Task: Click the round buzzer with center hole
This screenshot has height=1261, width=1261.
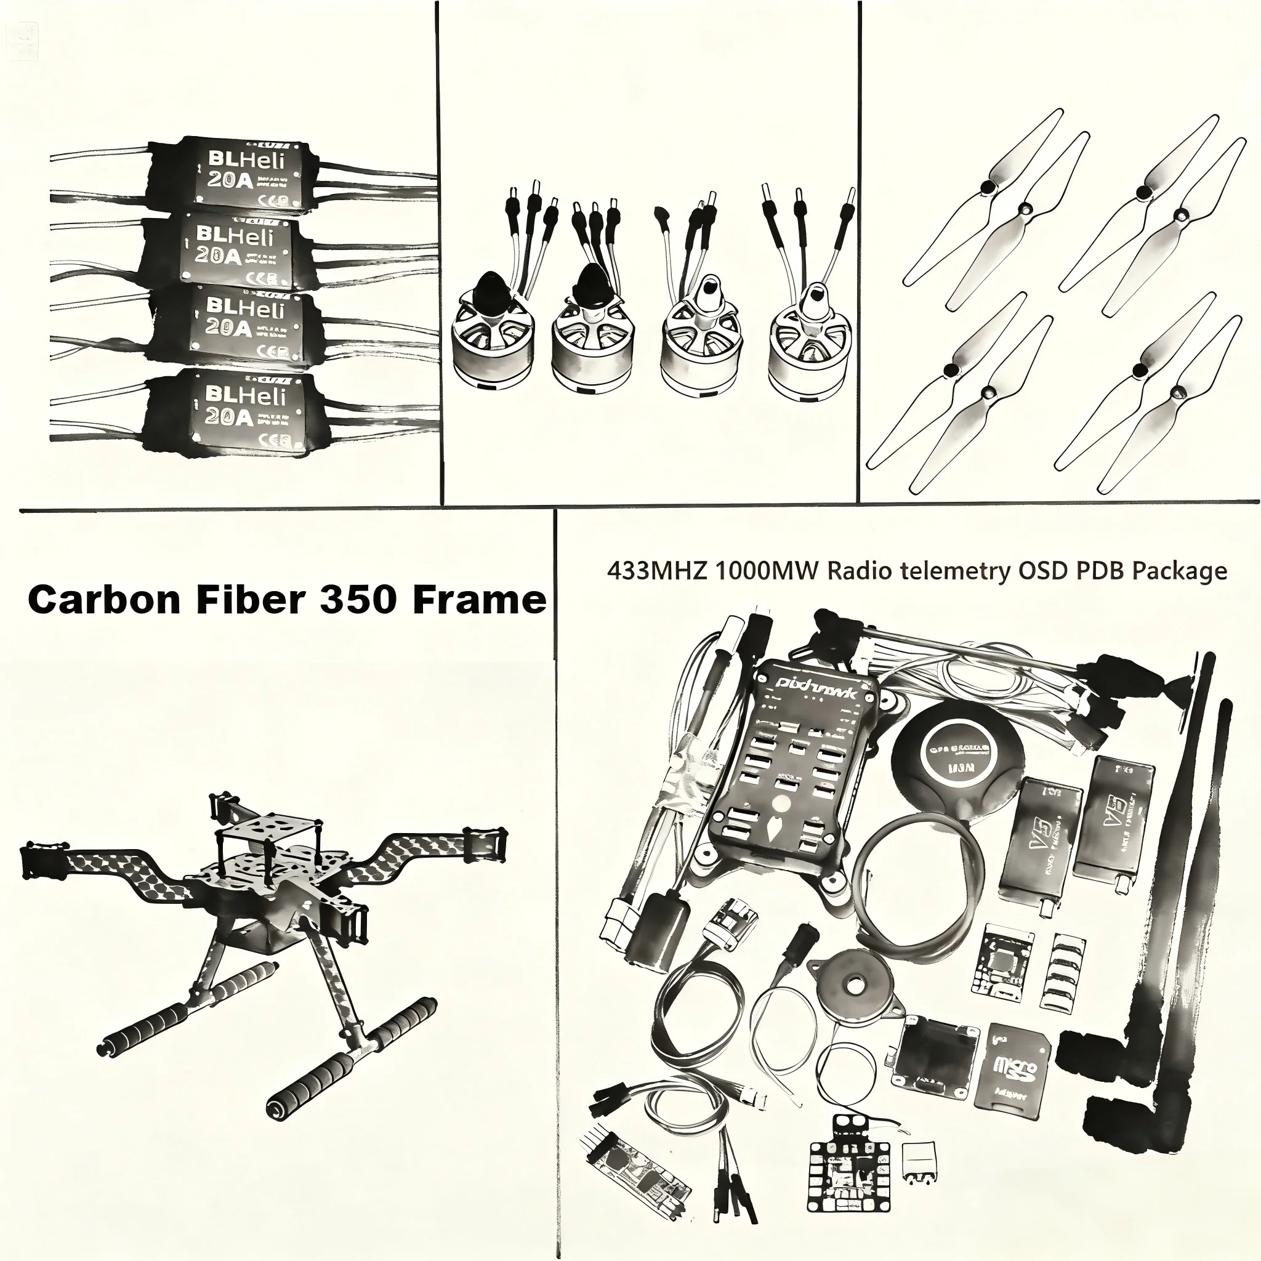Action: click(x=851, y=985)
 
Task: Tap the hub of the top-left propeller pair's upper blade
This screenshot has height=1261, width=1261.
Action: click(x=988, y=188)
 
